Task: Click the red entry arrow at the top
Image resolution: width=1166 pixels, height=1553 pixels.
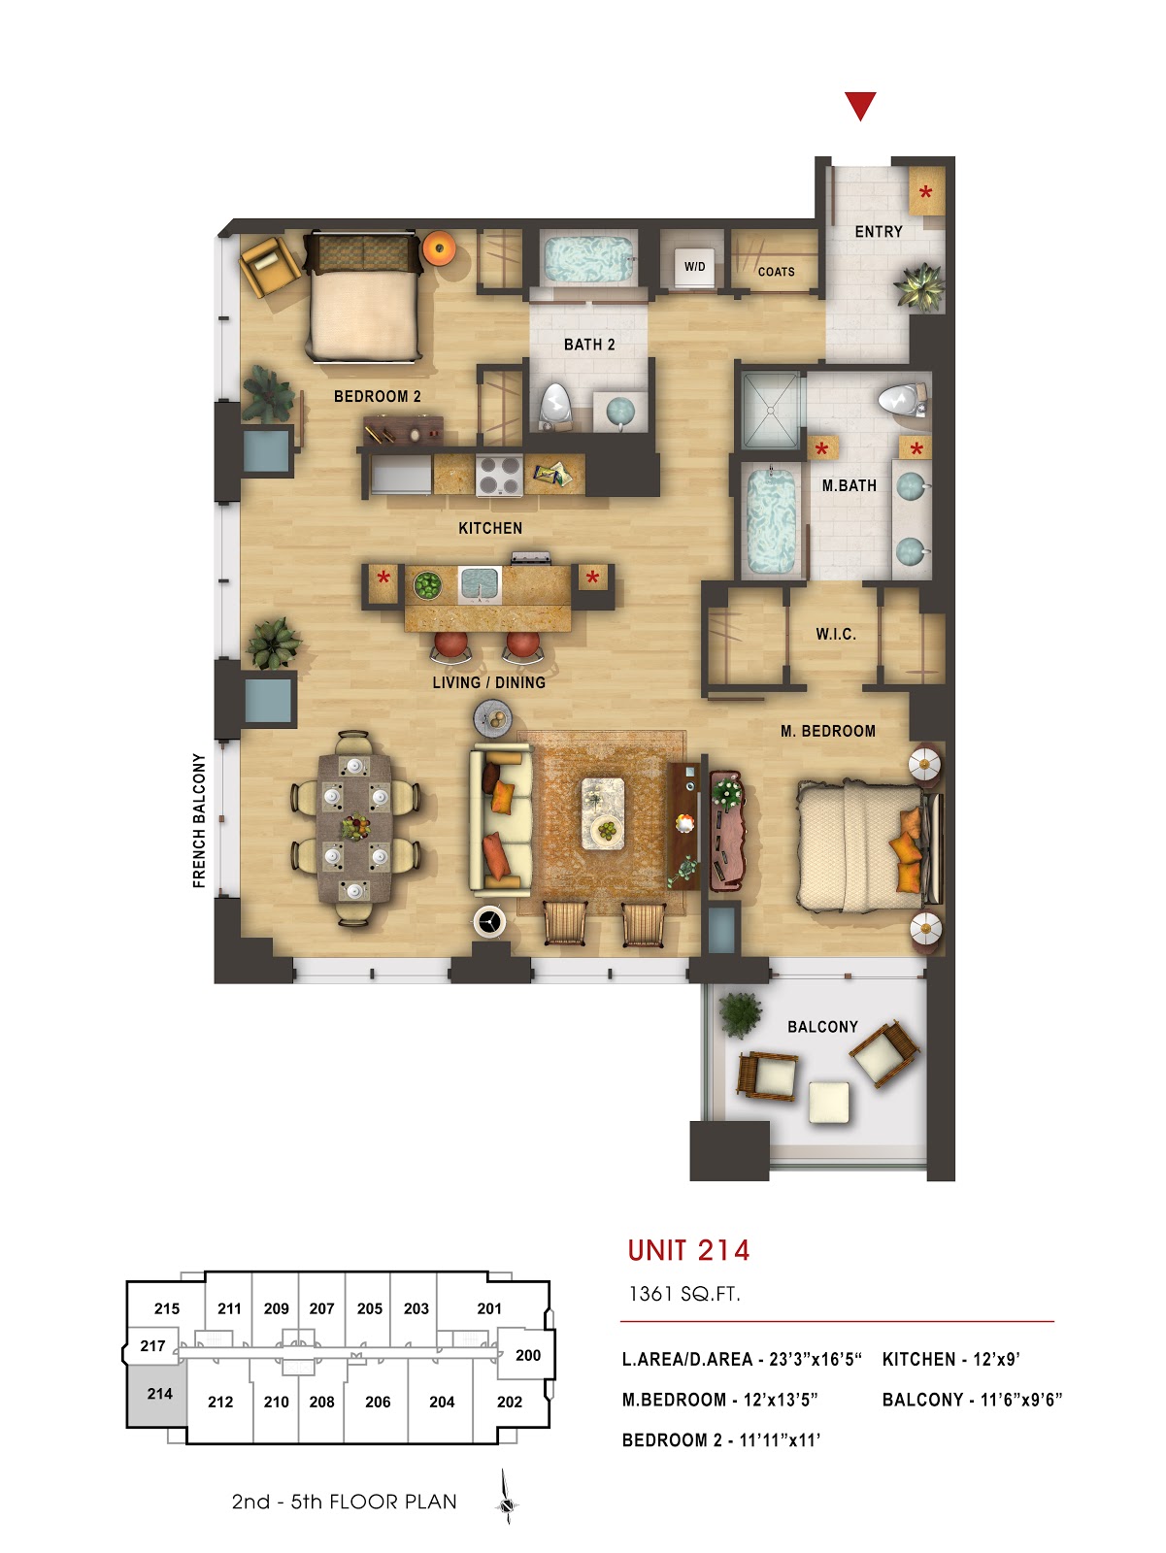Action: coord(860,105)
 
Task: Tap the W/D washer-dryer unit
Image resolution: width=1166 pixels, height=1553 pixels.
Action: coord(694,266)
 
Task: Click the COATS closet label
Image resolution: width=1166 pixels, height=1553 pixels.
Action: coord(776,272)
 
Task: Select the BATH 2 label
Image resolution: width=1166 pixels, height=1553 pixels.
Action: coord(589,345)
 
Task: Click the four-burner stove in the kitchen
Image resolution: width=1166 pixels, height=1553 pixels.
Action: coord(499,476)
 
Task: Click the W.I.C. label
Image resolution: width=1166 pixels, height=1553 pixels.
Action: coord(835,634)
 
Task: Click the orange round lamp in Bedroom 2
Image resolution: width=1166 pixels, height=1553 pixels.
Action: coord(439,248)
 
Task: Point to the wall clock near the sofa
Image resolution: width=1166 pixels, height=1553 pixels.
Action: coord(489,920)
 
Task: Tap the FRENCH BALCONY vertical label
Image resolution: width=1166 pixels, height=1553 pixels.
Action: coord(199,820)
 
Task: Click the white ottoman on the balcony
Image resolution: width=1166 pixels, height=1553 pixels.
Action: coord(829,1102)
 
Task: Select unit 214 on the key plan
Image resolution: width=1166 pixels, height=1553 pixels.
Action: coord(159,1394)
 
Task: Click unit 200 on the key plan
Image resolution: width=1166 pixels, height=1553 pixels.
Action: coord(528,1355)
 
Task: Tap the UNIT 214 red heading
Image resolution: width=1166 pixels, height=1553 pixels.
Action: coord(688,1250)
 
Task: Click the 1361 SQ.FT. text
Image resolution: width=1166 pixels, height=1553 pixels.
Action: coord(683,1294)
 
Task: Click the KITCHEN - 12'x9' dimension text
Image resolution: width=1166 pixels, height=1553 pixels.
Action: coord(950,1359)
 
